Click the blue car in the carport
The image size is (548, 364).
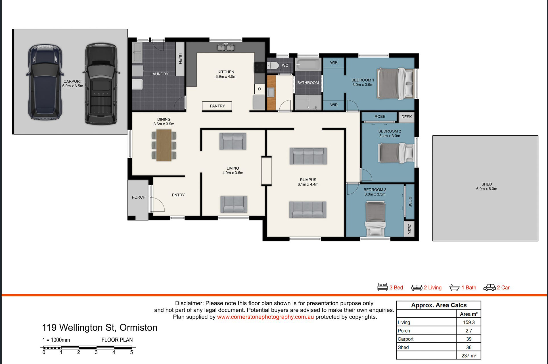[x=45, y=82]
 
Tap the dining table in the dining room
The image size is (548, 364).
[x=164, y=145]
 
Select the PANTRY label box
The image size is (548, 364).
[x=217, y=106]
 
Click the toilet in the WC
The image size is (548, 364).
[x=273, y=66]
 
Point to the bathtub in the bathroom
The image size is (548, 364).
[x=308, y=64]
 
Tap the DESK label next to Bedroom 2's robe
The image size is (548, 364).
[x=406, y=117]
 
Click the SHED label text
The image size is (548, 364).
[x=487, y=184]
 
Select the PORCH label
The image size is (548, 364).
[x=139, y=197]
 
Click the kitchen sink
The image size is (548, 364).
[x=226, y=47]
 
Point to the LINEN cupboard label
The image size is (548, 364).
[x=180, y=58]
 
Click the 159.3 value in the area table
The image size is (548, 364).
[x=469, y=322]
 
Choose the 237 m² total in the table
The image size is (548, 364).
[x=469, y=355]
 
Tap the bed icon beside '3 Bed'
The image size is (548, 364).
[x=382, y=287]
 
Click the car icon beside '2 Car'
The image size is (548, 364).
[x=489, y=288]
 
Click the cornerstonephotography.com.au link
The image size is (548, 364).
[x=265, y=317]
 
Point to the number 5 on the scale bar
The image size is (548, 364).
[x=131, y=352]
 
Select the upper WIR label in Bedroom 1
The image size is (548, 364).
[x=334, y=63]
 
